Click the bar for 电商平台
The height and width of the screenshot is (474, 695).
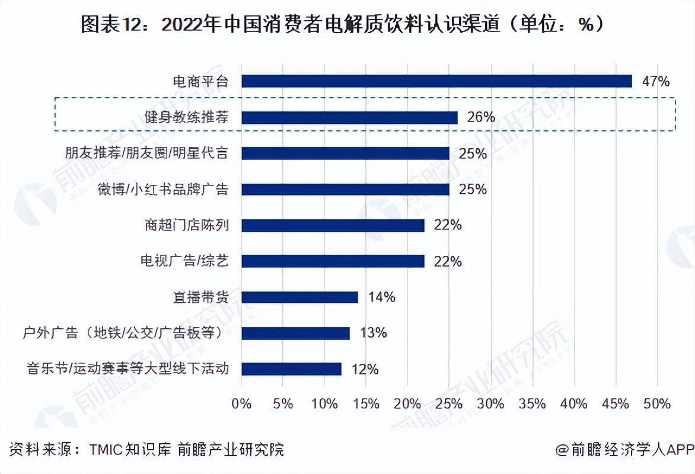pyautogui.click(x=436, y=81)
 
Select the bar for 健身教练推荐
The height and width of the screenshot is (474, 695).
pyautogui.click(x=349, y=117)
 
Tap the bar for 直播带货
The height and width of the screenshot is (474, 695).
pyautogui.click(x=299, y=297)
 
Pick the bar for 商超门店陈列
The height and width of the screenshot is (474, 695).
pyautogui.click(x=333, y=225)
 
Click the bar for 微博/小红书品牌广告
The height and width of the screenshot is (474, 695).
pyautogui.click(x=345, y=189)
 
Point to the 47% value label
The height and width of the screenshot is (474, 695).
pyautogui.click(x=655, y=81)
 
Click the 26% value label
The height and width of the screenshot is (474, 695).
pyautogui.click(x=481, y=117)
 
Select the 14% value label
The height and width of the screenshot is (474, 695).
pyautogui.click(x=381, y=297)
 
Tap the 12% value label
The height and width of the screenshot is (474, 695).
pyautogui.click(x=365, y=369)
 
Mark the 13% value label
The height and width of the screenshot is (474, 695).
pyautogui.click(x=373, y=333)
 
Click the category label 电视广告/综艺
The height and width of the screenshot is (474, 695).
pyautogui.click(x=184, y=261)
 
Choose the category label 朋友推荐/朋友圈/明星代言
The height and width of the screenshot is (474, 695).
pyautogui.click(x=146, y=153)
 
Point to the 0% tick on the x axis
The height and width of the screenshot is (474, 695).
pyautogui.click(x=242, y=404)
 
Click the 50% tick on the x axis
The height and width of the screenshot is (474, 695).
pyautogui.click(x=656, y=404)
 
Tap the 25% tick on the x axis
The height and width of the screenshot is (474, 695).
pyautogui.click(x=449, y=404)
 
